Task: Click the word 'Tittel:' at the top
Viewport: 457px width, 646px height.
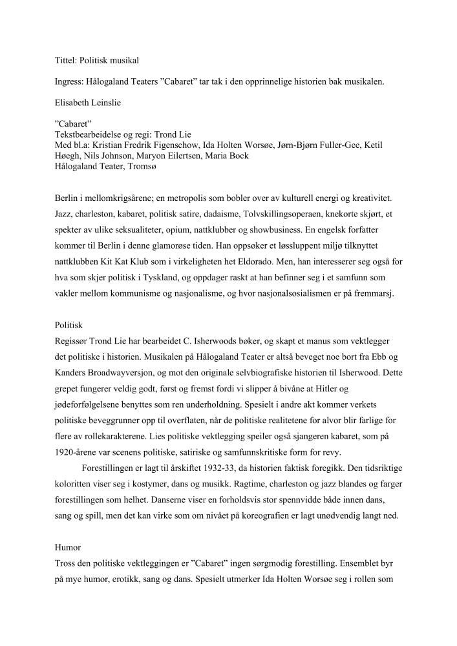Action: point(65,61)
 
